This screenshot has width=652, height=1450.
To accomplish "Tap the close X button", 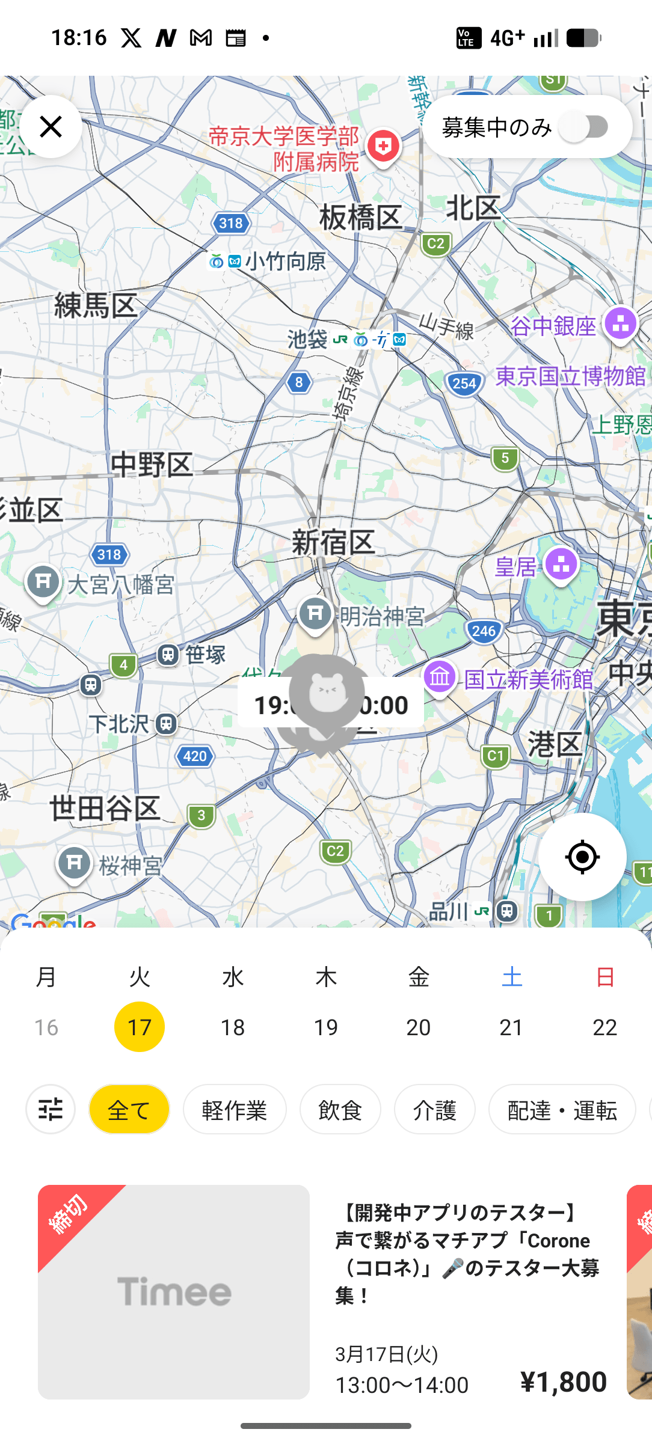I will [51, 127].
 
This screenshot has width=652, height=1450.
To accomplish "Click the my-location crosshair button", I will [582, 857].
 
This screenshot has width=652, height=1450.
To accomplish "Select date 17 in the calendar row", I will [140, 1027].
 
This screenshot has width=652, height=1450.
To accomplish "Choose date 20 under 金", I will [419, 1027].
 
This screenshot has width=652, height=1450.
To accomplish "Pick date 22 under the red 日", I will [604, 1027].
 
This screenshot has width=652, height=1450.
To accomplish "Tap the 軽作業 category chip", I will [235, 1110].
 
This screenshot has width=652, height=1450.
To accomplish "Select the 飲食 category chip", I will [340, 1110].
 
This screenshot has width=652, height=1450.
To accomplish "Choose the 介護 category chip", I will [435, 1110].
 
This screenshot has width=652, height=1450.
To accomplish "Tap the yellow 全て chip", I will [129, 1110].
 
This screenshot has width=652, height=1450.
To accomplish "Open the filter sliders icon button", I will [51, 1110].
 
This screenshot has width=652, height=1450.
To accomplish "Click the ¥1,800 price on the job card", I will [564, 1381].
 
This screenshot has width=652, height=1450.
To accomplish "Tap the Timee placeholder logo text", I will [174, 1291].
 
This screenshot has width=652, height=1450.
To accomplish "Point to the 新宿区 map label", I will [333, 542].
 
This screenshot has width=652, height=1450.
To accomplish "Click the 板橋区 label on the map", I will [360, 217].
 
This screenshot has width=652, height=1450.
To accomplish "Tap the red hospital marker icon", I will [384, 146].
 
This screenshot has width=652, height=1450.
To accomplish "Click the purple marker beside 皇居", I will [561, 564].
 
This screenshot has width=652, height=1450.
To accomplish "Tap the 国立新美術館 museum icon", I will [440, 678].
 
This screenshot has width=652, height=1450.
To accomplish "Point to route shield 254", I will [464, 384].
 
